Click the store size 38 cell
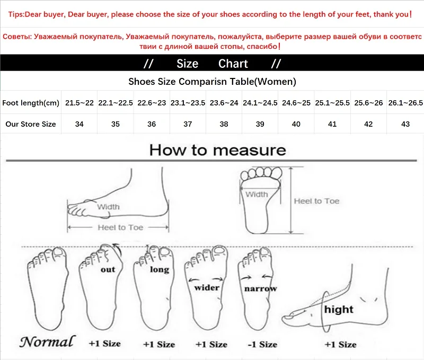coord(224,124)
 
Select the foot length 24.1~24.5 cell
coord(260,103)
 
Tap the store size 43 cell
coord(405,124)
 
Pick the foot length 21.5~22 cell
coord(79,103)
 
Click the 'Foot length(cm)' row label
coord(31,103)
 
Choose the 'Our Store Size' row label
coord(31,124)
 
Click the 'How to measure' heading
coord(217,150)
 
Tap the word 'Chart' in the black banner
coord(233,64)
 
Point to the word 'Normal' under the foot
coord(47,342)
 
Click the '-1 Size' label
coord(262,344)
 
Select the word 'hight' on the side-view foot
coord(339,309)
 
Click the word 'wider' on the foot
coord(207,287)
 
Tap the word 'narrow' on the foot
coord(260,288)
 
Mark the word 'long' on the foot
coord(159,269)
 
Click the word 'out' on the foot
coord(108,269)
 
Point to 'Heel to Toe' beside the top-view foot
coord(316,201)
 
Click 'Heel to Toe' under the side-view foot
coord(120,227)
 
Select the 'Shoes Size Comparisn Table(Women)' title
coord(212,82)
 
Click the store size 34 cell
coord(79,124)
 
